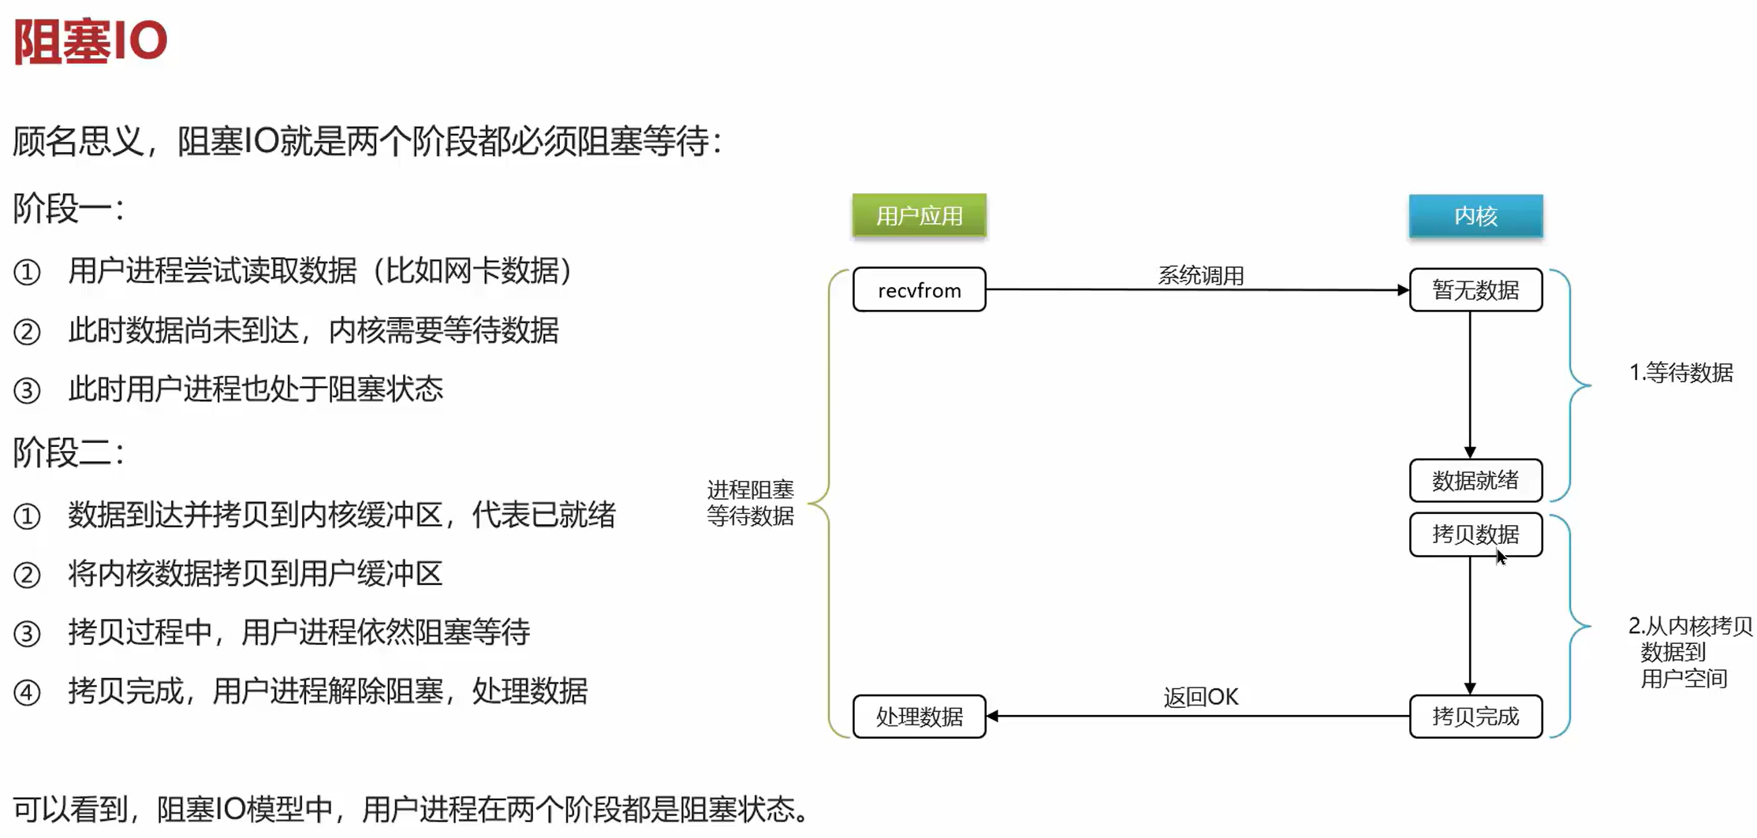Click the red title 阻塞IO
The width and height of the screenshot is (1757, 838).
[91, 41]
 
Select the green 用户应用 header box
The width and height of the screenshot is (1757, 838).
[919, 215]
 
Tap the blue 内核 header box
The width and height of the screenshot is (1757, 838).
[1475, 215]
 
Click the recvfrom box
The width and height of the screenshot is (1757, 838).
[919, 290]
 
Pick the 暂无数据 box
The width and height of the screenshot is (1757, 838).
[1475, 290]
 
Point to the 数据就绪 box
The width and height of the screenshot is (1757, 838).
[1475, 480]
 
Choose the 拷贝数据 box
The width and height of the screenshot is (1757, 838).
[1475, 534]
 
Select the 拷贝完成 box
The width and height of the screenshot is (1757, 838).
[1475, 716]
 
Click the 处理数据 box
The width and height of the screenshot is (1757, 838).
[919, 716]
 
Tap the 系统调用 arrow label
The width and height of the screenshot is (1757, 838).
[1200, 275]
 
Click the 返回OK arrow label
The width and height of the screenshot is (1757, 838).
[1200, 697]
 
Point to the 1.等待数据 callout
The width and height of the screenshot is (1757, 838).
[1681, 372]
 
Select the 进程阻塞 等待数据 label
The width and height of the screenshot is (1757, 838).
[750, 503]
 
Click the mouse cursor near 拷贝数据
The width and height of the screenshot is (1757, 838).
[1500, 557]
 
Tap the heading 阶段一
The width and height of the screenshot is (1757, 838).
[68, 210]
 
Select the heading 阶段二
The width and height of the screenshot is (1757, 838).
[68, 453]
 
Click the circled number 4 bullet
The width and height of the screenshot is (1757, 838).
[27, 692]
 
